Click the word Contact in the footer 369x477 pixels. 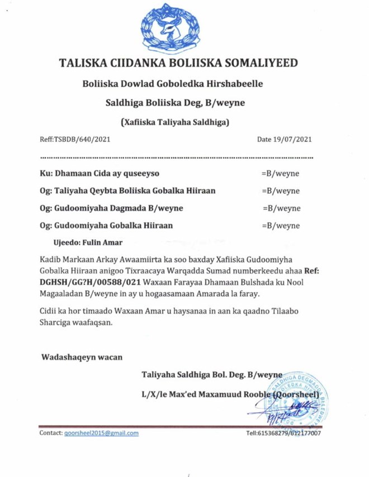click(x=50, y=433)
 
